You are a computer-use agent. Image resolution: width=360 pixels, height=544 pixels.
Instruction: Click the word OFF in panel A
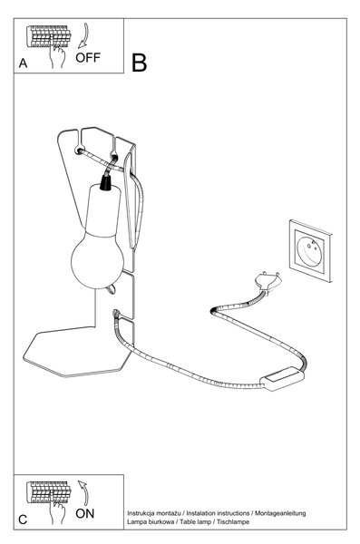click(x=88, y=57)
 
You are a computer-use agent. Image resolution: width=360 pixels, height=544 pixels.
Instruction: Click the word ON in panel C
click(x=84, y=513)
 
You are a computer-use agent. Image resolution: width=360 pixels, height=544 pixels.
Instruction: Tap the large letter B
click(x=139, y=63)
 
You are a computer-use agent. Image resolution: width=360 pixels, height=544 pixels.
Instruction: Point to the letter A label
click(x=23, y=63)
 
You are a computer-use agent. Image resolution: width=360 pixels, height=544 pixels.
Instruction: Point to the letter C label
click(x=23, y=520)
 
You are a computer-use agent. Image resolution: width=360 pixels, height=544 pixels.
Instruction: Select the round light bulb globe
click(x=97, y=260)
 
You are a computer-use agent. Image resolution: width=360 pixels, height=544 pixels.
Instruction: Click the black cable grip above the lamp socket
click(x=105, y=182)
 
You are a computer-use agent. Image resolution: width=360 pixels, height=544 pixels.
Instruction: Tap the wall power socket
click(x=311, y=250)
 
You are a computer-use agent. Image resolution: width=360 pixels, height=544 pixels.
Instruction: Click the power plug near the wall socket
click(x=267, y=281)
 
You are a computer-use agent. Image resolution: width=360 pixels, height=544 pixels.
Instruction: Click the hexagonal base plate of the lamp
click(x=76, y=352)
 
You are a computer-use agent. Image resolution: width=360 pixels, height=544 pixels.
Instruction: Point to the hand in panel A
click(x=57, y=56)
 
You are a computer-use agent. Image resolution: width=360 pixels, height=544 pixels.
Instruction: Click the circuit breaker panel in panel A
click(x=49, y=36)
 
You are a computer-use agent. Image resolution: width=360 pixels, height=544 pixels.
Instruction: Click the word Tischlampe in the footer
click(x=233, y=522)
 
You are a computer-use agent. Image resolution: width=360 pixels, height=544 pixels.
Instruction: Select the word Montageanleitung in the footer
click(x=280, y=513)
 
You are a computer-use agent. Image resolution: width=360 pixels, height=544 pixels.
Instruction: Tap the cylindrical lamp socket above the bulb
click(x=103, y=211)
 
